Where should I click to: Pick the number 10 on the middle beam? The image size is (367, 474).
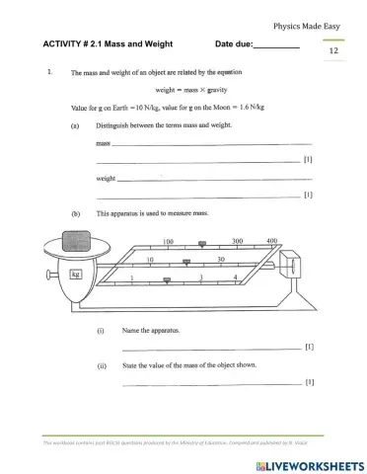(x=149, y=260)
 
